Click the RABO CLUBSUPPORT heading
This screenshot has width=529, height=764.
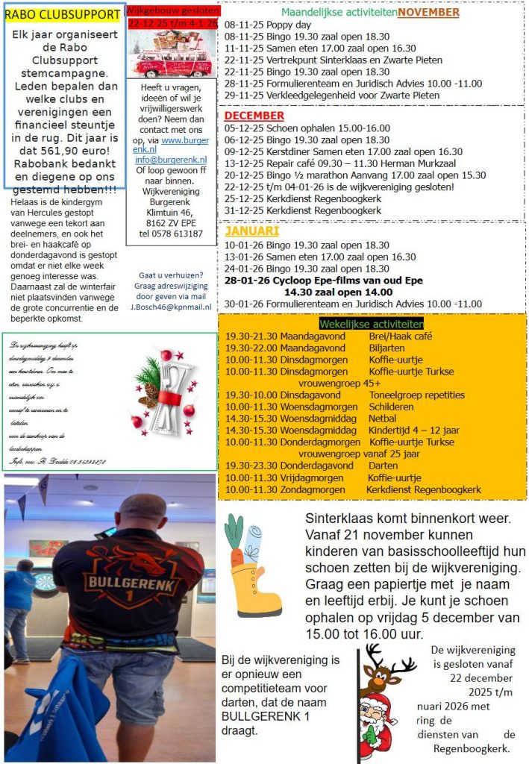62,14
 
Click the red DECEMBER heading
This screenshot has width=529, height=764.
254,116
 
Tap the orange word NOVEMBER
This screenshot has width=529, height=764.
428,12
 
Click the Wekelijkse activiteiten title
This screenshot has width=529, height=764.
371,324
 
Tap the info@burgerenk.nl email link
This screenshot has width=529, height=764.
171,160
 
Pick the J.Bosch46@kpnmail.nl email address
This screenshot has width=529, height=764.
171,306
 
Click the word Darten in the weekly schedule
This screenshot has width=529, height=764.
384,466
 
